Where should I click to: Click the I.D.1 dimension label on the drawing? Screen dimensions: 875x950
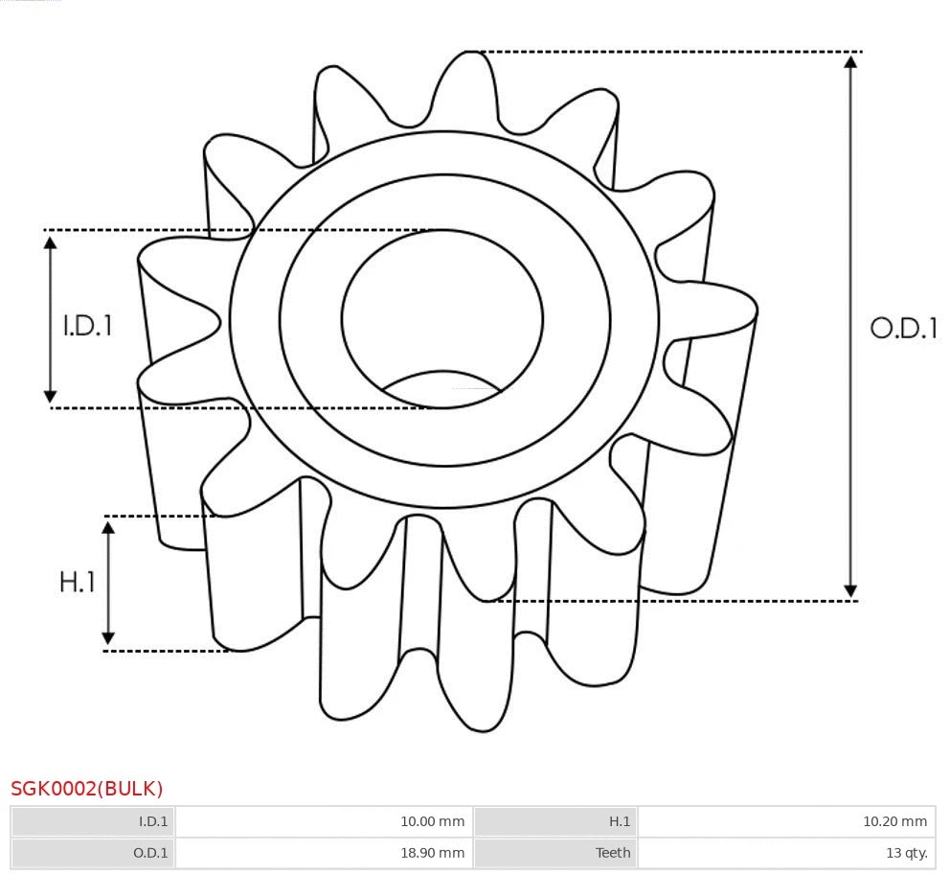point(87,326)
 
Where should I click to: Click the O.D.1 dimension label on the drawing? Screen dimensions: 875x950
point(903,329)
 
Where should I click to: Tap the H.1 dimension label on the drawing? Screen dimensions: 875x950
point(78,582)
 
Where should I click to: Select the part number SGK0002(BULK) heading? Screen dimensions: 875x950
point(87,789)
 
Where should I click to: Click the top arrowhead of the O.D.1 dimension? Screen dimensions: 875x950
point(849,60)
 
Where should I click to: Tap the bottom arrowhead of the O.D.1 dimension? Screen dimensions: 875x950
point(849,590)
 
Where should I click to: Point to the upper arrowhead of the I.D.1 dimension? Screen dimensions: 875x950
point(51,241)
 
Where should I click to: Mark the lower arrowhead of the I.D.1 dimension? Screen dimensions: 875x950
point(51,396)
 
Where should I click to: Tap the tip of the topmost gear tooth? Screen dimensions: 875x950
point(470,54)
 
